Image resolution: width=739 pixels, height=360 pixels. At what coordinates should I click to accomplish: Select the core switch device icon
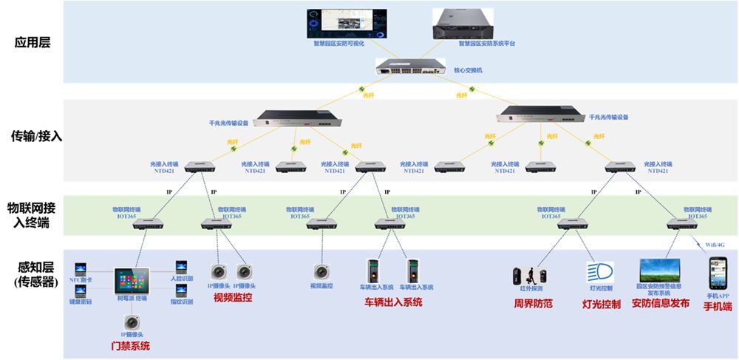[411, 66]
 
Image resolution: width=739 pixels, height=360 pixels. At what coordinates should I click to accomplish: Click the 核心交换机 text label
[468, 71]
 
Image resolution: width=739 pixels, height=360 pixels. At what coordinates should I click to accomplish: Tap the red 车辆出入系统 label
[392, 302]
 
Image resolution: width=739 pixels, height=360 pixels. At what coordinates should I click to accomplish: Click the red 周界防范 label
[534, 303]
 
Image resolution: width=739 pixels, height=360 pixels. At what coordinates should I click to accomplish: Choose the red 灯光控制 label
[601, 304]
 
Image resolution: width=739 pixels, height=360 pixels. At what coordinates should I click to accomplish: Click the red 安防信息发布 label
[660, 303]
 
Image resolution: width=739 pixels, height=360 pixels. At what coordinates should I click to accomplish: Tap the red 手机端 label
[717, 305]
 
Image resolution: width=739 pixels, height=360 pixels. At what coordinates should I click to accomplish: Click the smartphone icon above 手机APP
[718, 273]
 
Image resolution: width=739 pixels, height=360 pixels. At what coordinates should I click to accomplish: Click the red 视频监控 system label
[233, 298]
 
